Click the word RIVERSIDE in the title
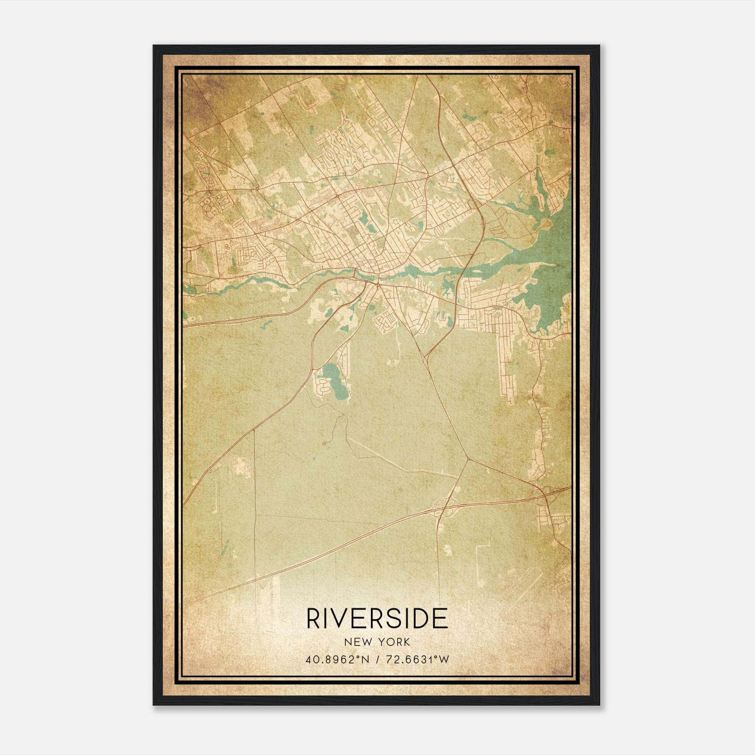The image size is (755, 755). pos(377,619)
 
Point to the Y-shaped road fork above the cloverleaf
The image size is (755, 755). pos(468,458)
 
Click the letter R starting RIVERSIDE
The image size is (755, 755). pos(313,619)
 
